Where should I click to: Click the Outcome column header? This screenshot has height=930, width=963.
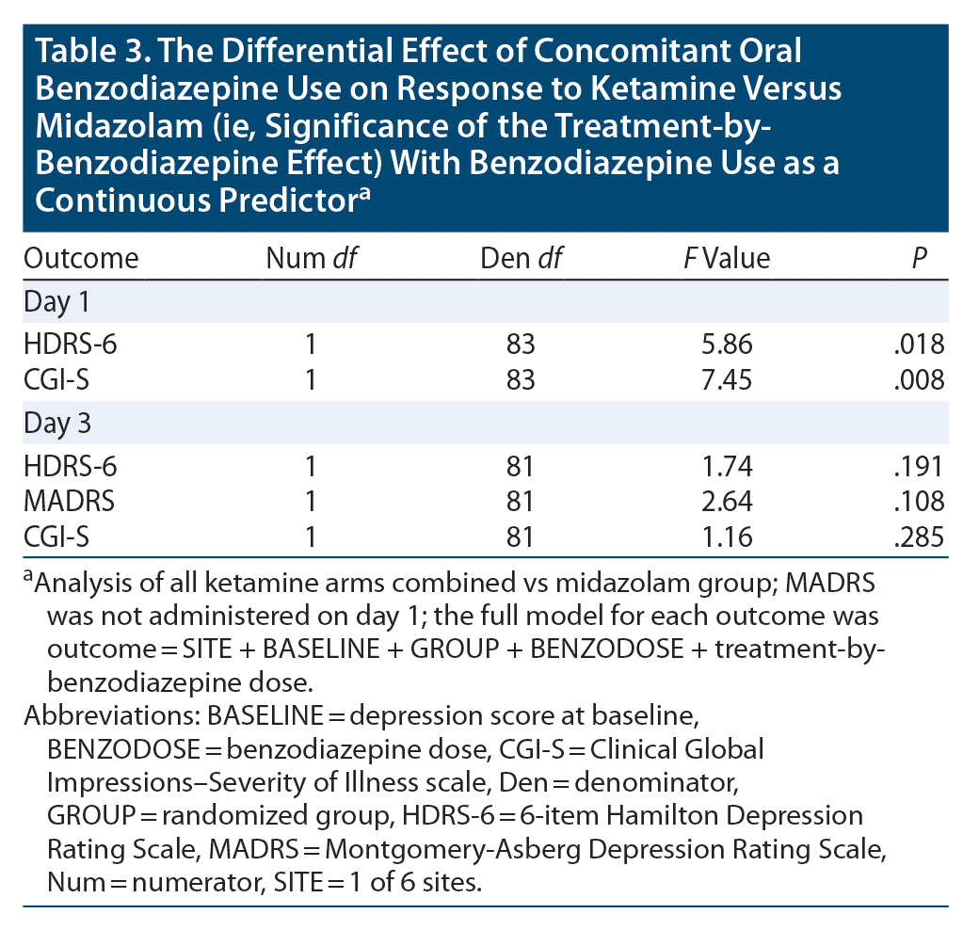pyautogui.click(x=81, y=258)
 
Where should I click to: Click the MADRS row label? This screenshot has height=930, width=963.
pyautogui.click(x=70, y=502)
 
